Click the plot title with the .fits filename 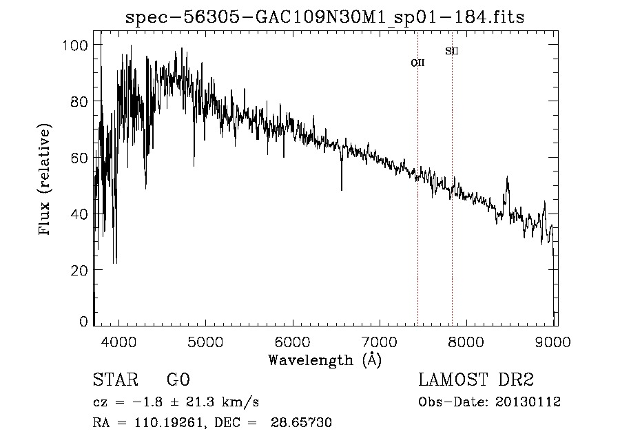324,17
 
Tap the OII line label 417,63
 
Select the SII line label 452,51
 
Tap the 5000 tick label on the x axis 205,340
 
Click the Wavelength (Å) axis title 324,360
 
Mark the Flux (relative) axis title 46,180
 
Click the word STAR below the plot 115,380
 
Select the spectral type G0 178,380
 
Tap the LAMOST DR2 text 476,380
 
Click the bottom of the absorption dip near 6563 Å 342,189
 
